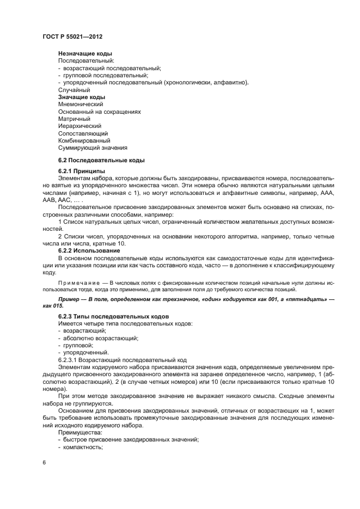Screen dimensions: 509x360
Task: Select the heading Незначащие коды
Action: [85, 53]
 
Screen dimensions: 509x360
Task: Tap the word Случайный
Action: [74, 90]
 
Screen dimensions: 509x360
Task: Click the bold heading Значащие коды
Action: [81, 97]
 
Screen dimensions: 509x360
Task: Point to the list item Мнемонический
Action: [81, 104]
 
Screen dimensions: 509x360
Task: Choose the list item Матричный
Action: [74, 119]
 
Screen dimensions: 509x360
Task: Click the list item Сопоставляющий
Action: [83, 133]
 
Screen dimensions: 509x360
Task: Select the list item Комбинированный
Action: [84, 140]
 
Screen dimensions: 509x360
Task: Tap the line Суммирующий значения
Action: [93, 148]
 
